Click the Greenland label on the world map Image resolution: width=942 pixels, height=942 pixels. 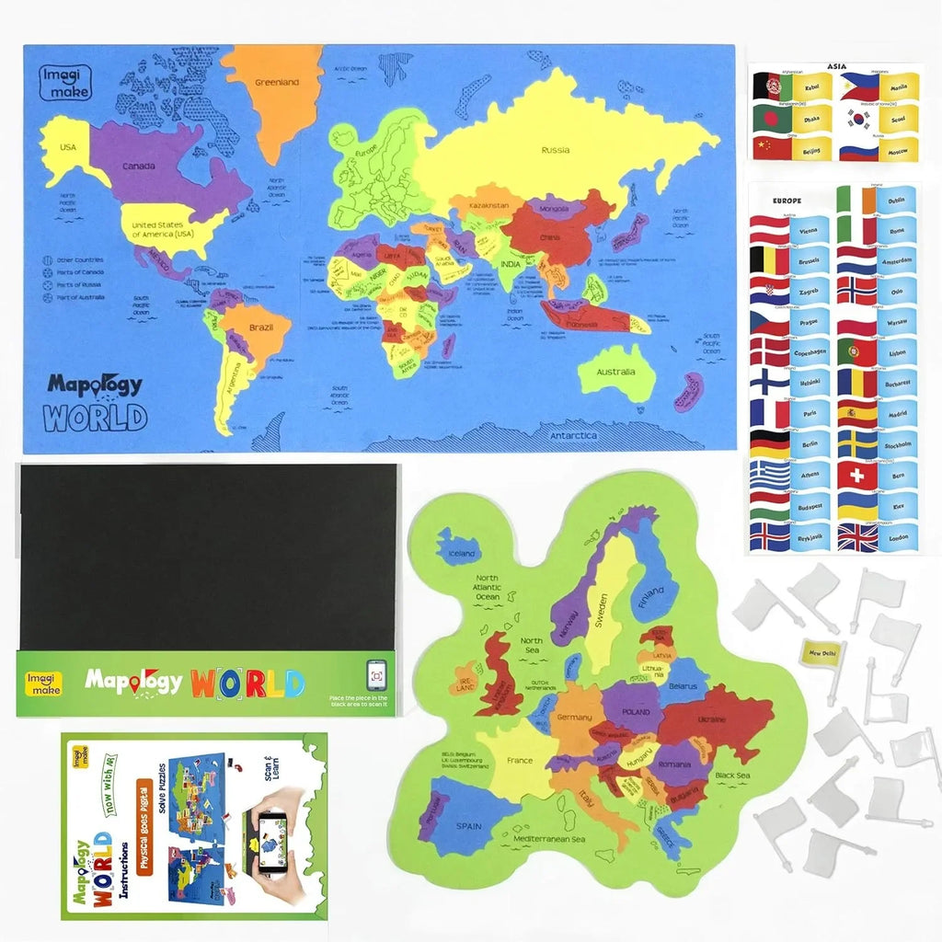coord(275,83)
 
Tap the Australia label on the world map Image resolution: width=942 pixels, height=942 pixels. coord(615,373)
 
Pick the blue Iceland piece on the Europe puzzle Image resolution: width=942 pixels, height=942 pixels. coord(457,551)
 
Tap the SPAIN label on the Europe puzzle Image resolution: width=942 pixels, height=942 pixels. coord(468,826)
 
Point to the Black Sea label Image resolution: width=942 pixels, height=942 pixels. coord(732,775)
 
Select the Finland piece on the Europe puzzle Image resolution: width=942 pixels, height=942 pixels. coord(650,590)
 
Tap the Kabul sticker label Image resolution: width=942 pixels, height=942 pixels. coord(810,88)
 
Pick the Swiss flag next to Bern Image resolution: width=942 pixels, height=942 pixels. coord(857,476)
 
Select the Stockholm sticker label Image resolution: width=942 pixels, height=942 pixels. coord(898,445)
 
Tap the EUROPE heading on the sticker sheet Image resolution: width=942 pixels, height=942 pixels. coord(787,200)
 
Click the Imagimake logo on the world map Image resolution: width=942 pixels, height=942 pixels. coord(63,75)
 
